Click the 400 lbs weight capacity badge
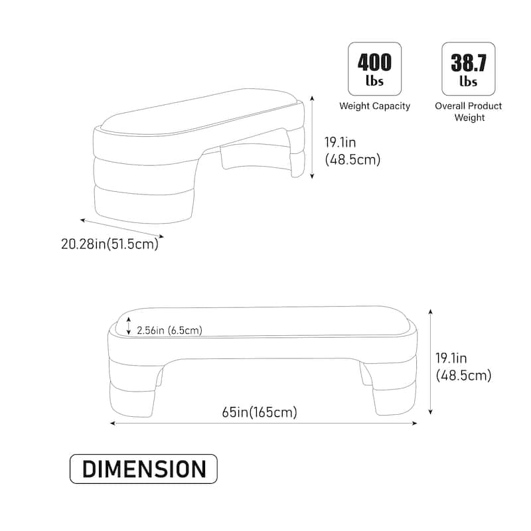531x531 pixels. [374, 69]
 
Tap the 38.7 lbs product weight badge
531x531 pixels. [469, 69]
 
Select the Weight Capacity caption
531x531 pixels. [374, 106]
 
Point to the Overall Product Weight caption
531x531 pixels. [469, 112]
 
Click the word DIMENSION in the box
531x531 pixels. [144, 469]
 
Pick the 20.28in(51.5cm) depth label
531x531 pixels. [110, 244]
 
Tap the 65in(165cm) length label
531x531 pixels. [260, 412]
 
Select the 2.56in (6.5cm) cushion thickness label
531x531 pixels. [169, 330]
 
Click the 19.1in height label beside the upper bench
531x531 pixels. [352, 151]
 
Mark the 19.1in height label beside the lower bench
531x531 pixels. [463, 367]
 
